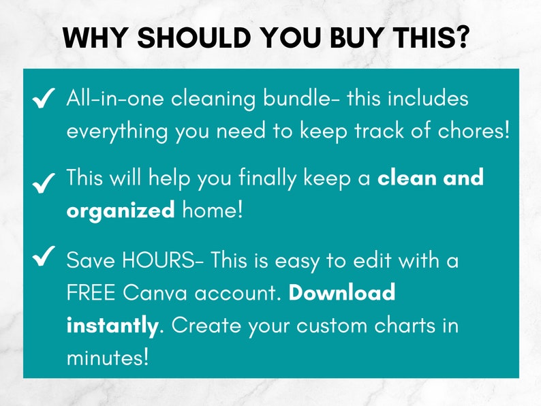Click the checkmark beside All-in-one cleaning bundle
[x=44, y=99]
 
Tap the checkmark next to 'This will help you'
[x=44, y=182]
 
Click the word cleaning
[x=214, y=98]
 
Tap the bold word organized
[x=121, y=211]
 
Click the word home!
[x=212, y=210]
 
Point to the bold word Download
[x=342, y=292]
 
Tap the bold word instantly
[x=112, y=325]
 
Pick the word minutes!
[x=107, y=356]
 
